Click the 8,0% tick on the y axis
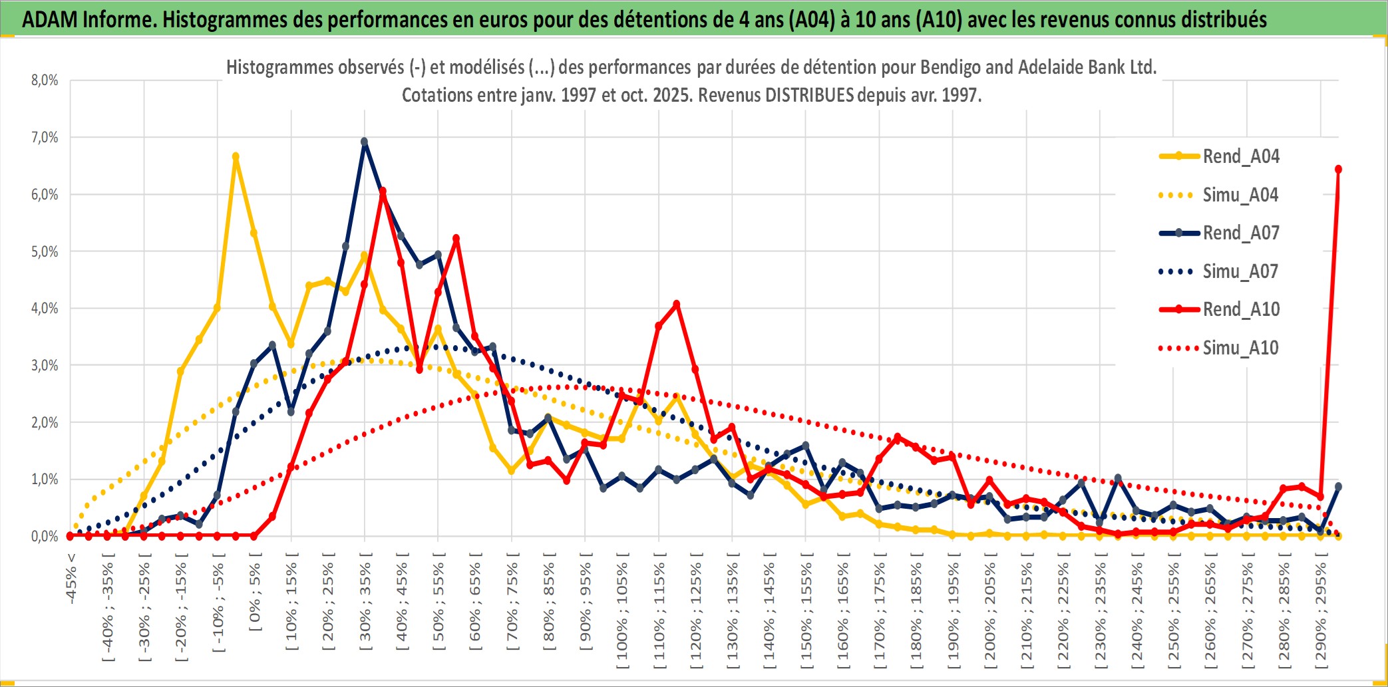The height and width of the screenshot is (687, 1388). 45,80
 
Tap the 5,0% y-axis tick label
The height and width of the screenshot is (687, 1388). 45,251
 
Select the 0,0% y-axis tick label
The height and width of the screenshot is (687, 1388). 45,536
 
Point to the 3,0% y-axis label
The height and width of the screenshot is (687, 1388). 45,365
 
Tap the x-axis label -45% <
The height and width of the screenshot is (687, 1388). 71,579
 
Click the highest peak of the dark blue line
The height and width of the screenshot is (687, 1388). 364,142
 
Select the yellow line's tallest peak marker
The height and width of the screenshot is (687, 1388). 236,156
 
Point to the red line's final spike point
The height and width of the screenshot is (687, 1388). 1338,170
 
